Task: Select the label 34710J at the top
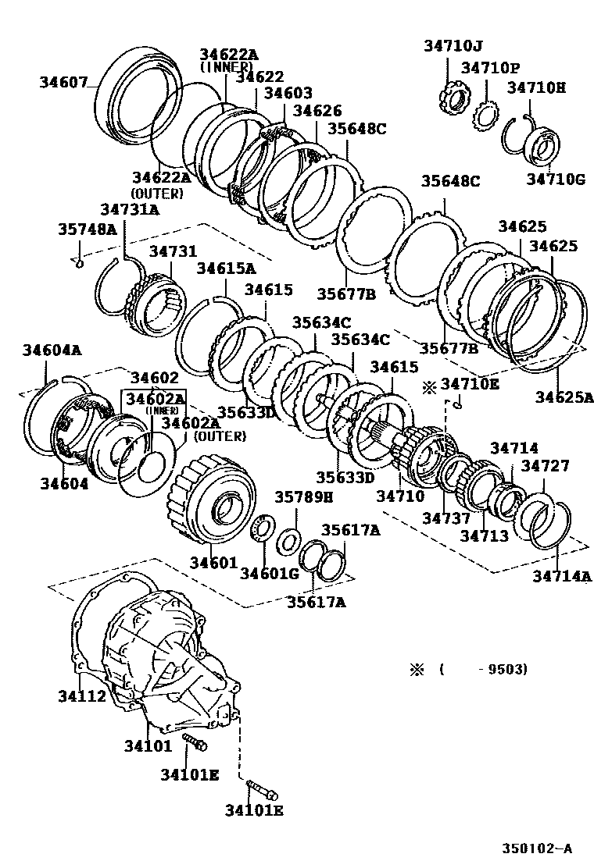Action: pyautogui.click(x=454, y=45)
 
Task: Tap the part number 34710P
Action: pyautogui.click(x=489, y=69)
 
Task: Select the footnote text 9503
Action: pyautogui.click(x=510, y=669)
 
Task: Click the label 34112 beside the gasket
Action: pyautogui.click(x=81, y=695)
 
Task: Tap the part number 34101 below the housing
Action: pyautogui.click(x=147, y=745)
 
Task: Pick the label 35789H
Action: pyautogui.click(x=303, y=496)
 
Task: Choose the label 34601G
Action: pyautogui.click(x=270, y=574)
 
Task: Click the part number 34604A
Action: pyautogui.click(x=52, y=350)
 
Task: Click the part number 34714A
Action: pyautogui.click(x=563, y=576)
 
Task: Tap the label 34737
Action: pyautogui.click(x=446, y=518)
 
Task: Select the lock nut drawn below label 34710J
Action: pyautogui.click(x=453, y=101)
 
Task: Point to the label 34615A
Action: pyautogui.click(x=226, y=269)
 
